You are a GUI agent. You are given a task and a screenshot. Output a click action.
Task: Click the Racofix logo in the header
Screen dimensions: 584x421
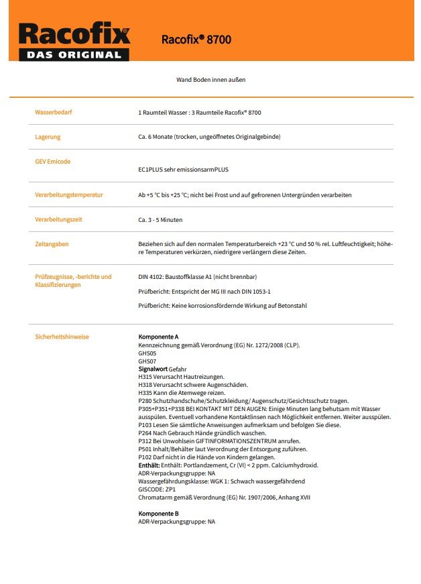74,34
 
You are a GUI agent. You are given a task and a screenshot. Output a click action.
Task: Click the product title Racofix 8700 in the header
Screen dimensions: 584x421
196,40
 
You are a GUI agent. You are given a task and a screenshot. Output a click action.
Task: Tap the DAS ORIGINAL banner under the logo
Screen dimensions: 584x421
74,55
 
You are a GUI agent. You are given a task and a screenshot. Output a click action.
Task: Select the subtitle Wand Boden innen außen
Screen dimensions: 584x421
210,80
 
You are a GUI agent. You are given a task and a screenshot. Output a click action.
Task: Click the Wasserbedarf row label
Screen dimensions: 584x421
54,112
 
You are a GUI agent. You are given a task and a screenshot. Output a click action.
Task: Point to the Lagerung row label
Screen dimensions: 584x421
48,137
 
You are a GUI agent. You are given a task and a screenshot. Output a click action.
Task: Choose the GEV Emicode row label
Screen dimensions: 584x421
52,162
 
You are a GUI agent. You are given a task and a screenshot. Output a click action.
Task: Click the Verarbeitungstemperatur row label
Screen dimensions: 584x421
69,194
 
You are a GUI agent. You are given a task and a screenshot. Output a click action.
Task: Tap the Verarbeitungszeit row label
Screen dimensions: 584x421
59,219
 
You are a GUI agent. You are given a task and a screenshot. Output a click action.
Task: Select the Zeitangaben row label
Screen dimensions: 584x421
52,244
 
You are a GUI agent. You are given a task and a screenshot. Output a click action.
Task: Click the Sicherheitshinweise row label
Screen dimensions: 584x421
62,337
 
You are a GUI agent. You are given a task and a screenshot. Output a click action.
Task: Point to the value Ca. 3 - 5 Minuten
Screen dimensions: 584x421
160,220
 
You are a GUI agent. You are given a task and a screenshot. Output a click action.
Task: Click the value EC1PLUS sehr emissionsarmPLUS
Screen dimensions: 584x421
183,170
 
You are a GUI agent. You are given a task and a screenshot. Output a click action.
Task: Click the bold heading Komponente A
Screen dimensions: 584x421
158,337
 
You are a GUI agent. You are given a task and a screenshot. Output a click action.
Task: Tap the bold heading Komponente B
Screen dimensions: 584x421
158,513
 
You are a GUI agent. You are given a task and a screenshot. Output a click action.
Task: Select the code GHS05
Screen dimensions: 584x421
147,353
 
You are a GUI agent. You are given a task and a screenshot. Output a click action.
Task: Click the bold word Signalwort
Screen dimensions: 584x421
153,369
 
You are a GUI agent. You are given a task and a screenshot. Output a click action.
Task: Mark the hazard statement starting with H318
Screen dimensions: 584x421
184,385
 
